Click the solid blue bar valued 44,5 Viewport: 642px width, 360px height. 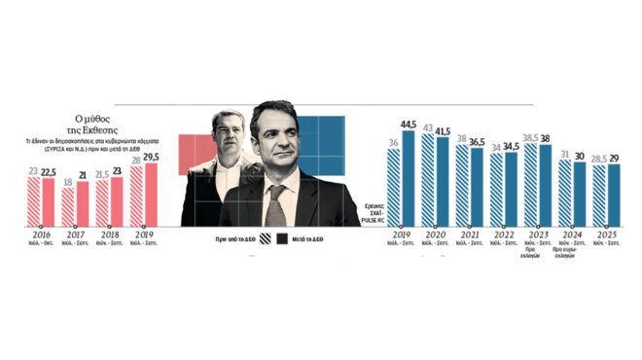coord(409,178)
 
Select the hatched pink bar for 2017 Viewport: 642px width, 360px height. coord(67,206)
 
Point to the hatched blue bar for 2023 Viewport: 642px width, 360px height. coord(529,186)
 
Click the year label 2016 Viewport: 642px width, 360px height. coord(40,234)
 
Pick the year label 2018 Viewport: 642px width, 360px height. coord(108,234)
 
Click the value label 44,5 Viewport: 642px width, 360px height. coord(409,124)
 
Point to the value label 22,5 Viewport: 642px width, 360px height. coord(49,171)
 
